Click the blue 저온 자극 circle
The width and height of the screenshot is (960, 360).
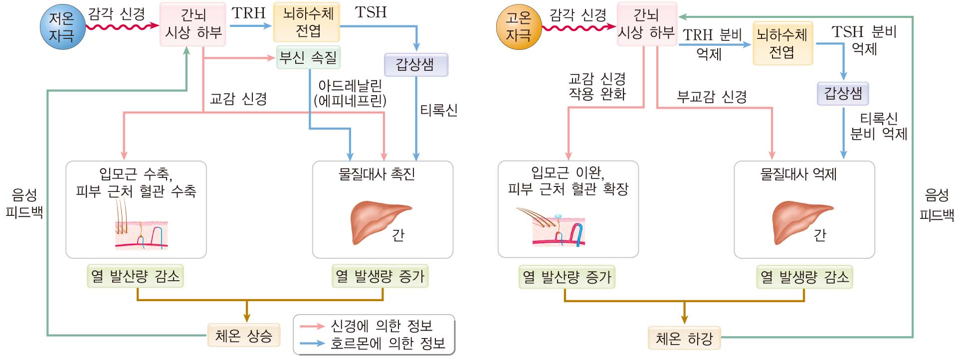[62, 27]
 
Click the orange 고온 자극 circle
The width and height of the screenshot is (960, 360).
[519, 27]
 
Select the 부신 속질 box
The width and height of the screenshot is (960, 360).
[308, 57]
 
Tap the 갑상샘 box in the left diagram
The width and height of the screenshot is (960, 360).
[416, 65]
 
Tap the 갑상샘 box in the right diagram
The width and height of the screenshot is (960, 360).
[843, 93]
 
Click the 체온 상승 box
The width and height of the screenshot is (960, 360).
[243, 336]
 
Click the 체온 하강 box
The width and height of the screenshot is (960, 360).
[684, 339]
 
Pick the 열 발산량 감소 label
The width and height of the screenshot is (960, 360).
[135, 276]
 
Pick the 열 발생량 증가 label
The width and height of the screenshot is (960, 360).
[380, 276]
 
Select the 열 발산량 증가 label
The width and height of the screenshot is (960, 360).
[567, 277]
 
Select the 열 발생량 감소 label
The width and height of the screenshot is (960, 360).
[804, 277]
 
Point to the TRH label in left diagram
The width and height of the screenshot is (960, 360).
[248, 13]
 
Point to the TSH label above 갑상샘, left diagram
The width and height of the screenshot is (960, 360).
[371, 12]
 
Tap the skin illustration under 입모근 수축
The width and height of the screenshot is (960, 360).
[141, 233]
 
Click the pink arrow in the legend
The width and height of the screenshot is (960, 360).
[312, 326]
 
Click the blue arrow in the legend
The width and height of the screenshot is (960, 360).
[312, 343]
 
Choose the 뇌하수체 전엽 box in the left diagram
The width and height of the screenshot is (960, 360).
[306, 22]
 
